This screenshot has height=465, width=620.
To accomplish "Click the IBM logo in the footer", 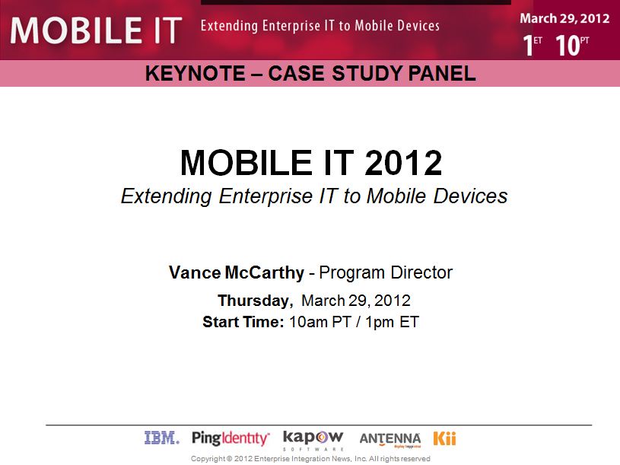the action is (162, 438).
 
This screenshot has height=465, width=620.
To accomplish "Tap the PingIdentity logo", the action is (231, 438).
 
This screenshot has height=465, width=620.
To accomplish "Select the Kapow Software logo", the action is (313, 440).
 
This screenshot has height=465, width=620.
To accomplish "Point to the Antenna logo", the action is (389, 440).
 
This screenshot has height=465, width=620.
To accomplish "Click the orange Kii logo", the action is (444, 438).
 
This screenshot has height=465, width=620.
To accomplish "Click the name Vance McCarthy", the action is (237, 272).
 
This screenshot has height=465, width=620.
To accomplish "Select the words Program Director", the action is (386, 272).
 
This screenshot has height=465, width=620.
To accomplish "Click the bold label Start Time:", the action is (243, 322).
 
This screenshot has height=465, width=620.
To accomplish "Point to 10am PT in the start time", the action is (320, 322).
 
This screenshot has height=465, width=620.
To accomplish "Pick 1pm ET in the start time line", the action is (392, 322).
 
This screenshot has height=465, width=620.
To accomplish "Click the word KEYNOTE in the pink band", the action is (195, 74).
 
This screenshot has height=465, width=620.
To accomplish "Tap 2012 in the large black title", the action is (403, 163).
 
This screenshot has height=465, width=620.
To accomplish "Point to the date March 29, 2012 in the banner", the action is (564, 18).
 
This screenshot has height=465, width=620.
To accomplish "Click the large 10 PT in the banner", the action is (572, 45).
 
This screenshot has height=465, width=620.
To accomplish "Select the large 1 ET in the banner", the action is (533, 45).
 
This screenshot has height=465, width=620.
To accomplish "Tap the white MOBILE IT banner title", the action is (96, 30).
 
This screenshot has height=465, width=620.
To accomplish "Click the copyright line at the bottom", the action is (310, 459).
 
